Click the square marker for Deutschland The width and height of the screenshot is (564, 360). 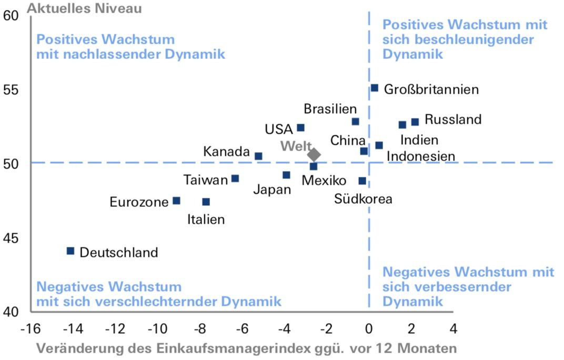tap(70, 251)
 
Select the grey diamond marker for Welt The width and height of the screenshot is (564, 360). tap(314, 154)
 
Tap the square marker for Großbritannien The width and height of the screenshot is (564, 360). tap(375, 88)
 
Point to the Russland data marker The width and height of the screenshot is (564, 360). tap(415, 122)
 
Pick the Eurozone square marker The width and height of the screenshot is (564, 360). tap(177, 201)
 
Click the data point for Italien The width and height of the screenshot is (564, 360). tap(206, 202)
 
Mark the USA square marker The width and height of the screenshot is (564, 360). tap(301, 128)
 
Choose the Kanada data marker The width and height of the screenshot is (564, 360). tap(258, 156)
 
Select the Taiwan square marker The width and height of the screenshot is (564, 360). tap(235, 178)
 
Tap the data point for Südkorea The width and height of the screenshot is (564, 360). tap(362, 181)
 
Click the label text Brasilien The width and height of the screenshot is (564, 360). tap(330, 109)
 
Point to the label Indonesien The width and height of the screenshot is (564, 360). tap(421, 156)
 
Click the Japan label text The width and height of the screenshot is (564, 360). tap(272, 190)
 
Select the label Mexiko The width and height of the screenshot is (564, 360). tap(324, 181)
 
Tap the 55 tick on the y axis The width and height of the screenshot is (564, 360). tap(11, 90)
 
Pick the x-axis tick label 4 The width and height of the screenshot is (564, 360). tap(453, 329)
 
